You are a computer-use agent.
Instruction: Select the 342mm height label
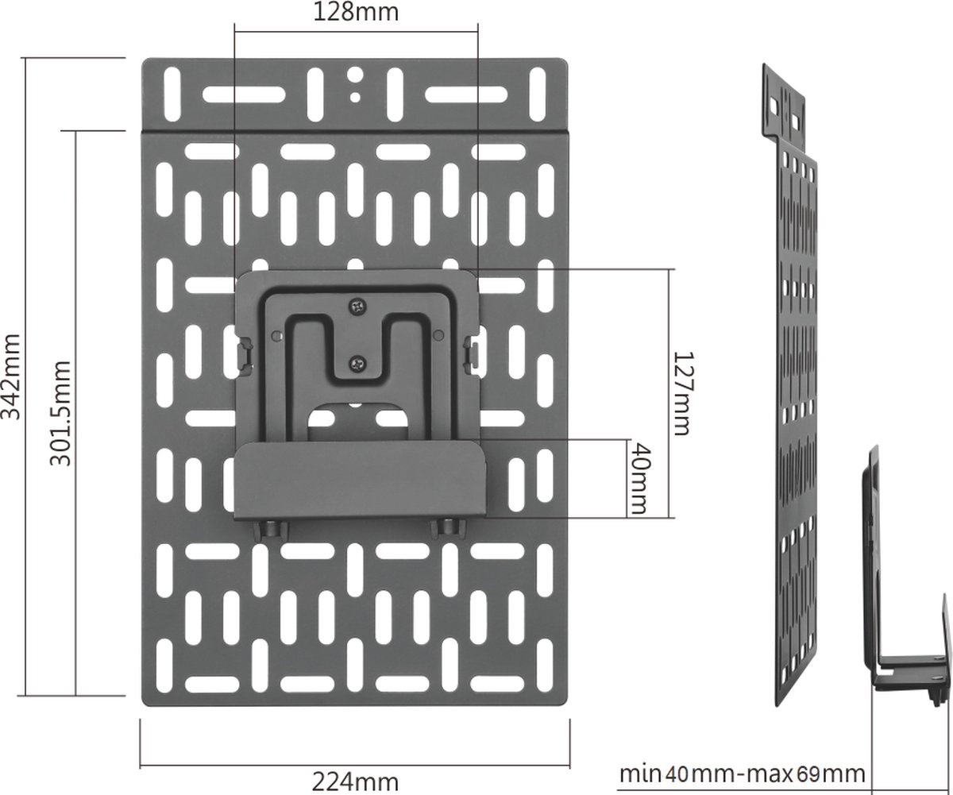tap(14, 375)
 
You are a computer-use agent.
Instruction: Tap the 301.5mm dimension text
tap(63, 414)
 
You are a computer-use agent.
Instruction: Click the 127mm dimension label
tap(680, 394)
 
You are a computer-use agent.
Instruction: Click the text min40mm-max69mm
tap(742, 773)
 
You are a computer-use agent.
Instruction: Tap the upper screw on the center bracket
tap(357, 304)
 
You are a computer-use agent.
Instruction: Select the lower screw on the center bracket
tap(357, 364)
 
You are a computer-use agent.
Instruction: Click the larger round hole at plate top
tap(357, 76)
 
